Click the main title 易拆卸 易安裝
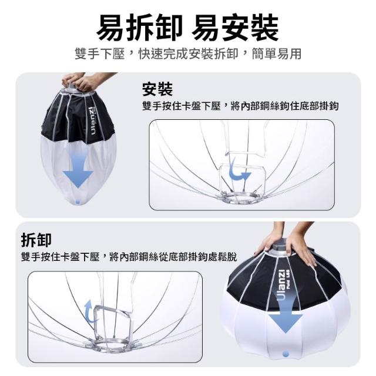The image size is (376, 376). (187, 27)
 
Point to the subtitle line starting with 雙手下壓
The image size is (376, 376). (188, 53)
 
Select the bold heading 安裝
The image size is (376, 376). (157, 89)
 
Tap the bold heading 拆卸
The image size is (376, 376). (36, 240)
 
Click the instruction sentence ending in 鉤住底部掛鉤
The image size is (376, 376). (240, 106)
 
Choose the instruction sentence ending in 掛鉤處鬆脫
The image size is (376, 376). (129, 257)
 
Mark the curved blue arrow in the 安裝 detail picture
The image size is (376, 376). (237, 172)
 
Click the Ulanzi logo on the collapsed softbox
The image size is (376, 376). (92, 120)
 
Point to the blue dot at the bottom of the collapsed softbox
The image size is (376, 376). (78, 202)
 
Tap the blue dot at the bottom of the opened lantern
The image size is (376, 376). (286, 354)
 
